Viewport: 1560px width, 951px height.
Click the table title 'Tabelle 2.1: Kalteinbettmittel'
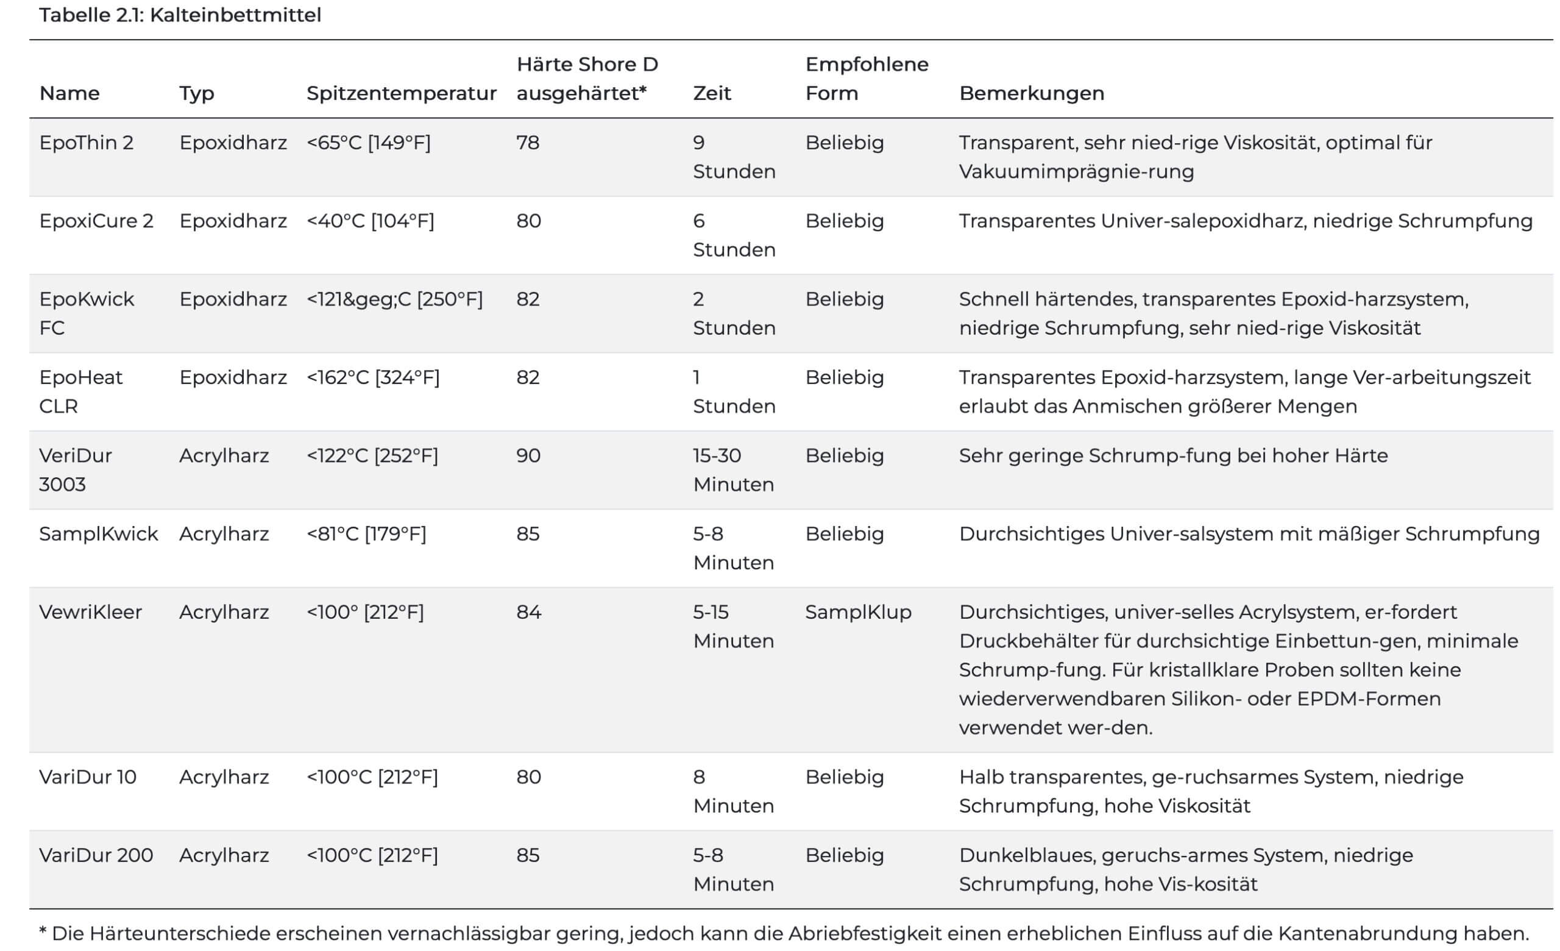(x=180, y=15)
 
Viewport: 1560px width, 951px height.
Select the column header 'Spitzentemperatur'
(x=402, y=93)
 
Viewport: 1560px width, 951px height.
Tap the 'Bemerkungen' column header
(x=1031, y=93)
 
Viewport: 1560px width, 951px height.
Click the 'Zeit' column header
(x=712, y=93)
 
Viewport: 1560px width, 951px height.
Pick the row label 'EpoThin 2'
(x=86, y=143)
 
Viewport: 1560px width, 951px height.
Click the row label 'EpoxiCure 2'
(x=96, y=221)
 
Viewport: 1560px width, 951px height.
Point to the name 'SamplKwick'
(x=98, y=534)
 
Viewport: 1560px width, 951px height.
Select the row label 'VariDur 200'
(x=96, y=855)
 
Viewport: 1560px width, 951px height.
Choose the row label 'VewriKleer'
(x=91, y=611)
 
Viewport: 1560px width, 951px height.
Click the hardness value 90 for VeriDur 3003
(x=528, y=455)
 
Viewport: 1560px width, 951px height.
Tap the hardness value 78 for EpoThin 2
(x=527, y=143)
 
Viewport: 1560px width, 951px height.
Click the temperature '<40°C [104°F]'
(x=370, y=221)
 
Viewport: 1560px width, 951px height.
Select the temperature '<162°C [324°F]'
(x=373, y=377)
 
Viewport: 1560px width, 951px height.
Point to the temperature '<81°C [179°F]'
(x=366, y=534)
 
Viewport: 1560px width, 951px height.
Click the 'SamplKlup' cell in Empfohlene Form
(x=858, y=611)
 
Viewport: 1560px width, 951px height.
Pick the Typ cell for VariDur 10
(x=224, y=777)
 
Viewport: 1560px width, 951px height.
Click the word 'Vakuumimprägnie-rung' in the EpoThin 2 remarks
(x=1076, y=171)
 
